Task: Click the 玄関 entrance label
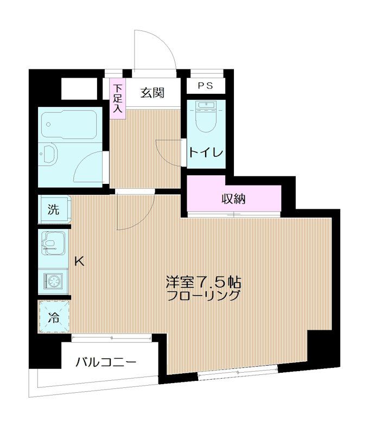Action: point(152,93)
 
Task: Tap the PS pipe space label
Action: point(205,85)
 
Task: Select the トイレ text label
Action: point(206,153)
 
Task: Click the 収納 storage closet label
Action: point(233,199)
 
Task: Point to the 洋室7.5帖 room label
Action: point(203,282)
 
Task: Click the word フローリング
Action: point(203,296)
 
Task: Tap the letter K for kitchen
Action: point(79,261)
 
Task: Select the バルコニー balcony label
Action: point(106,362)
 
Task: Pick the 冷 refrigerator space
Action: point(54,316)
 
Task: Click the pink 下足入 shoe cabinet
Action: point(118,99)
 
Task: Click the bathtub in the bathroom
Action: point(69,125)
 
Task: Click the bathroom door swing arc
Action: point(90,165)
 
